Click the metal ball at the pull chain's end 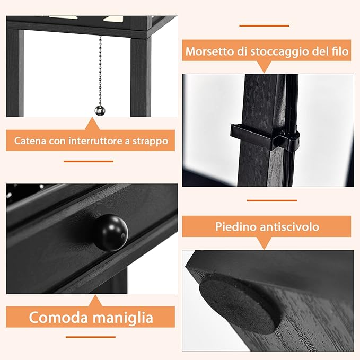point(100,110)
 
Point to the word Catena point(30,141)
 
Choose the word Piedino point(236,227)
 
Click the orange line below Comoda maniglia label point(90,337)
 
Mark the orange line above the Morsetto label point(264,25)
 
